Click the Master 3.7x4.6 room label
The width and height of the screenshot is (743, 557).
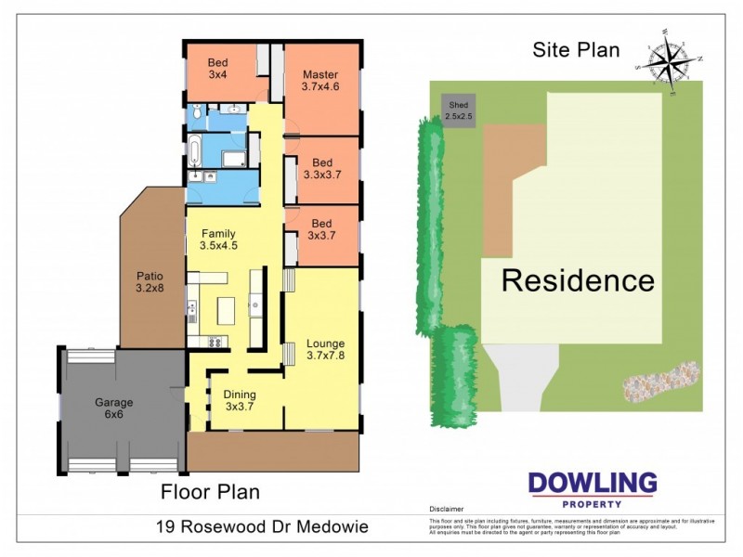pyautogui.click(x=320, y=81)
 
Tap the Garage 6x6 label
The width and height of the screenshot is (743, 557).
pyautogui.click(x=113, y=409)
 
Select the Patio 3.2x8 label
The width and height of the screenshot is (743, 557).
pyautogui.click(x=150, y=281)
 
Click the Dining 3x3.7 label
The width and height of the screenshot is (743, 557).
pyautogui.click(x=240, y=400)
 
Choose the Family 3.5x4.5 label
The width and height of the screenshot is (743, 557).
pyautogui.click(x=218, y=240)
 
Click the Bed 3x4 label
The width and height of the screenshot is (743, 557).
pyautogui.click(x=217, y=67)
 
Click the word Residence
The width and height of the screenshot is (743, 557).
pyautogui.click(x=578, y=279)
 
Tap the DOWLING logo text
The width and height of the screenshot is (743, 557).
pyautogui.click(x=593, y=483)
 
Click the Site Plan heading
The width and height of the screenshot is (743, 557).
pyautogui.click(x=576, y=50)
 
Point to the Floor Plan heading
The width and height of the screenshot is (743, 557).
pyautogui.click(x=211, y=491)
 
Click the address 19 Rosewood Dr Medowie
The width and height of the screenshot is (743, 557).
pyautogui.click(x=262, y=526)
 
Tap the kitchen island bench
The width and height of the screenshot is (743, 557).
pyautogui.click(x=226, y=310)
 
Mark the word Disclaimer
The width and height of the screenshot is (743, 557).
pyautogui.click(x=446, y=510)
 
